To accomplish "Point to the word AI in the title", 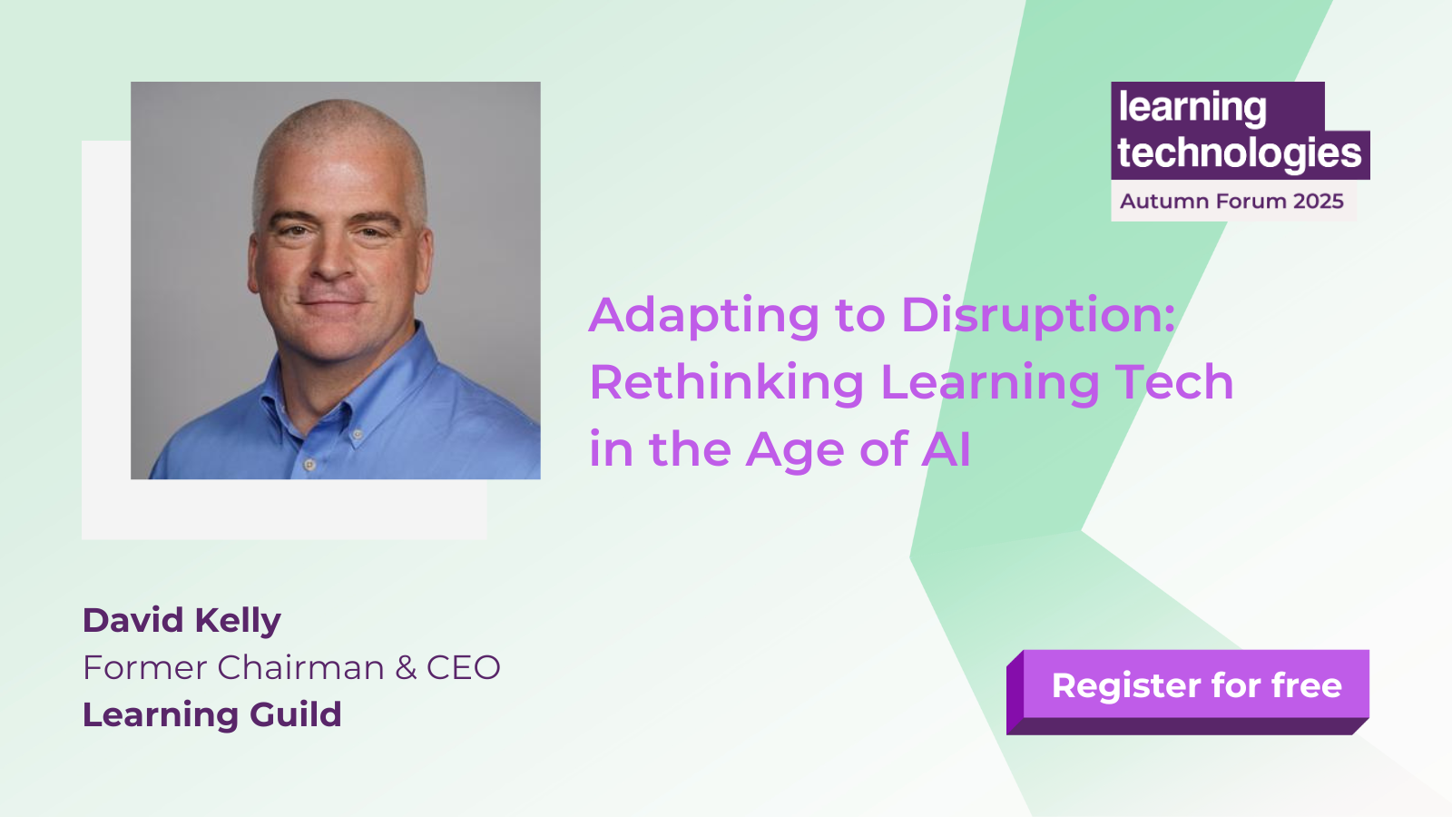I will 947,449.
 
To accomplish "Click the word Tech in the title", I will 1174,382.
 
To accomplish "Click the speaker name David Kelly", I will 181,621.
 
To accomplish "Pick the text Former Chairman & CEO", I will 291,668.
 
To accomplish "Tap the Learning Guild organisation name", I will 211,715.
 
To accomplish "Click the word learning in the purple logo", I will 1192,108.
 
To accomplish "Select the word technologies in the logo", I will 1239,153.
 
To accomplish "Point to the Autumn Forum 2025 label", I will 1231,202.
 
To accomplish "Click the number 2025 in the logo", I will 1318,202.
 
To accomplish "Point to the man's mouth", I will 333,302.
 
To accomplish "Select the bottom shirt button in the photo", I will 309,465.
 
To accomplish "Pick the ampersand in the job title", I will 406,668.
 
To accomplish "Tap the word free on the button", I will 1307,685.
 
